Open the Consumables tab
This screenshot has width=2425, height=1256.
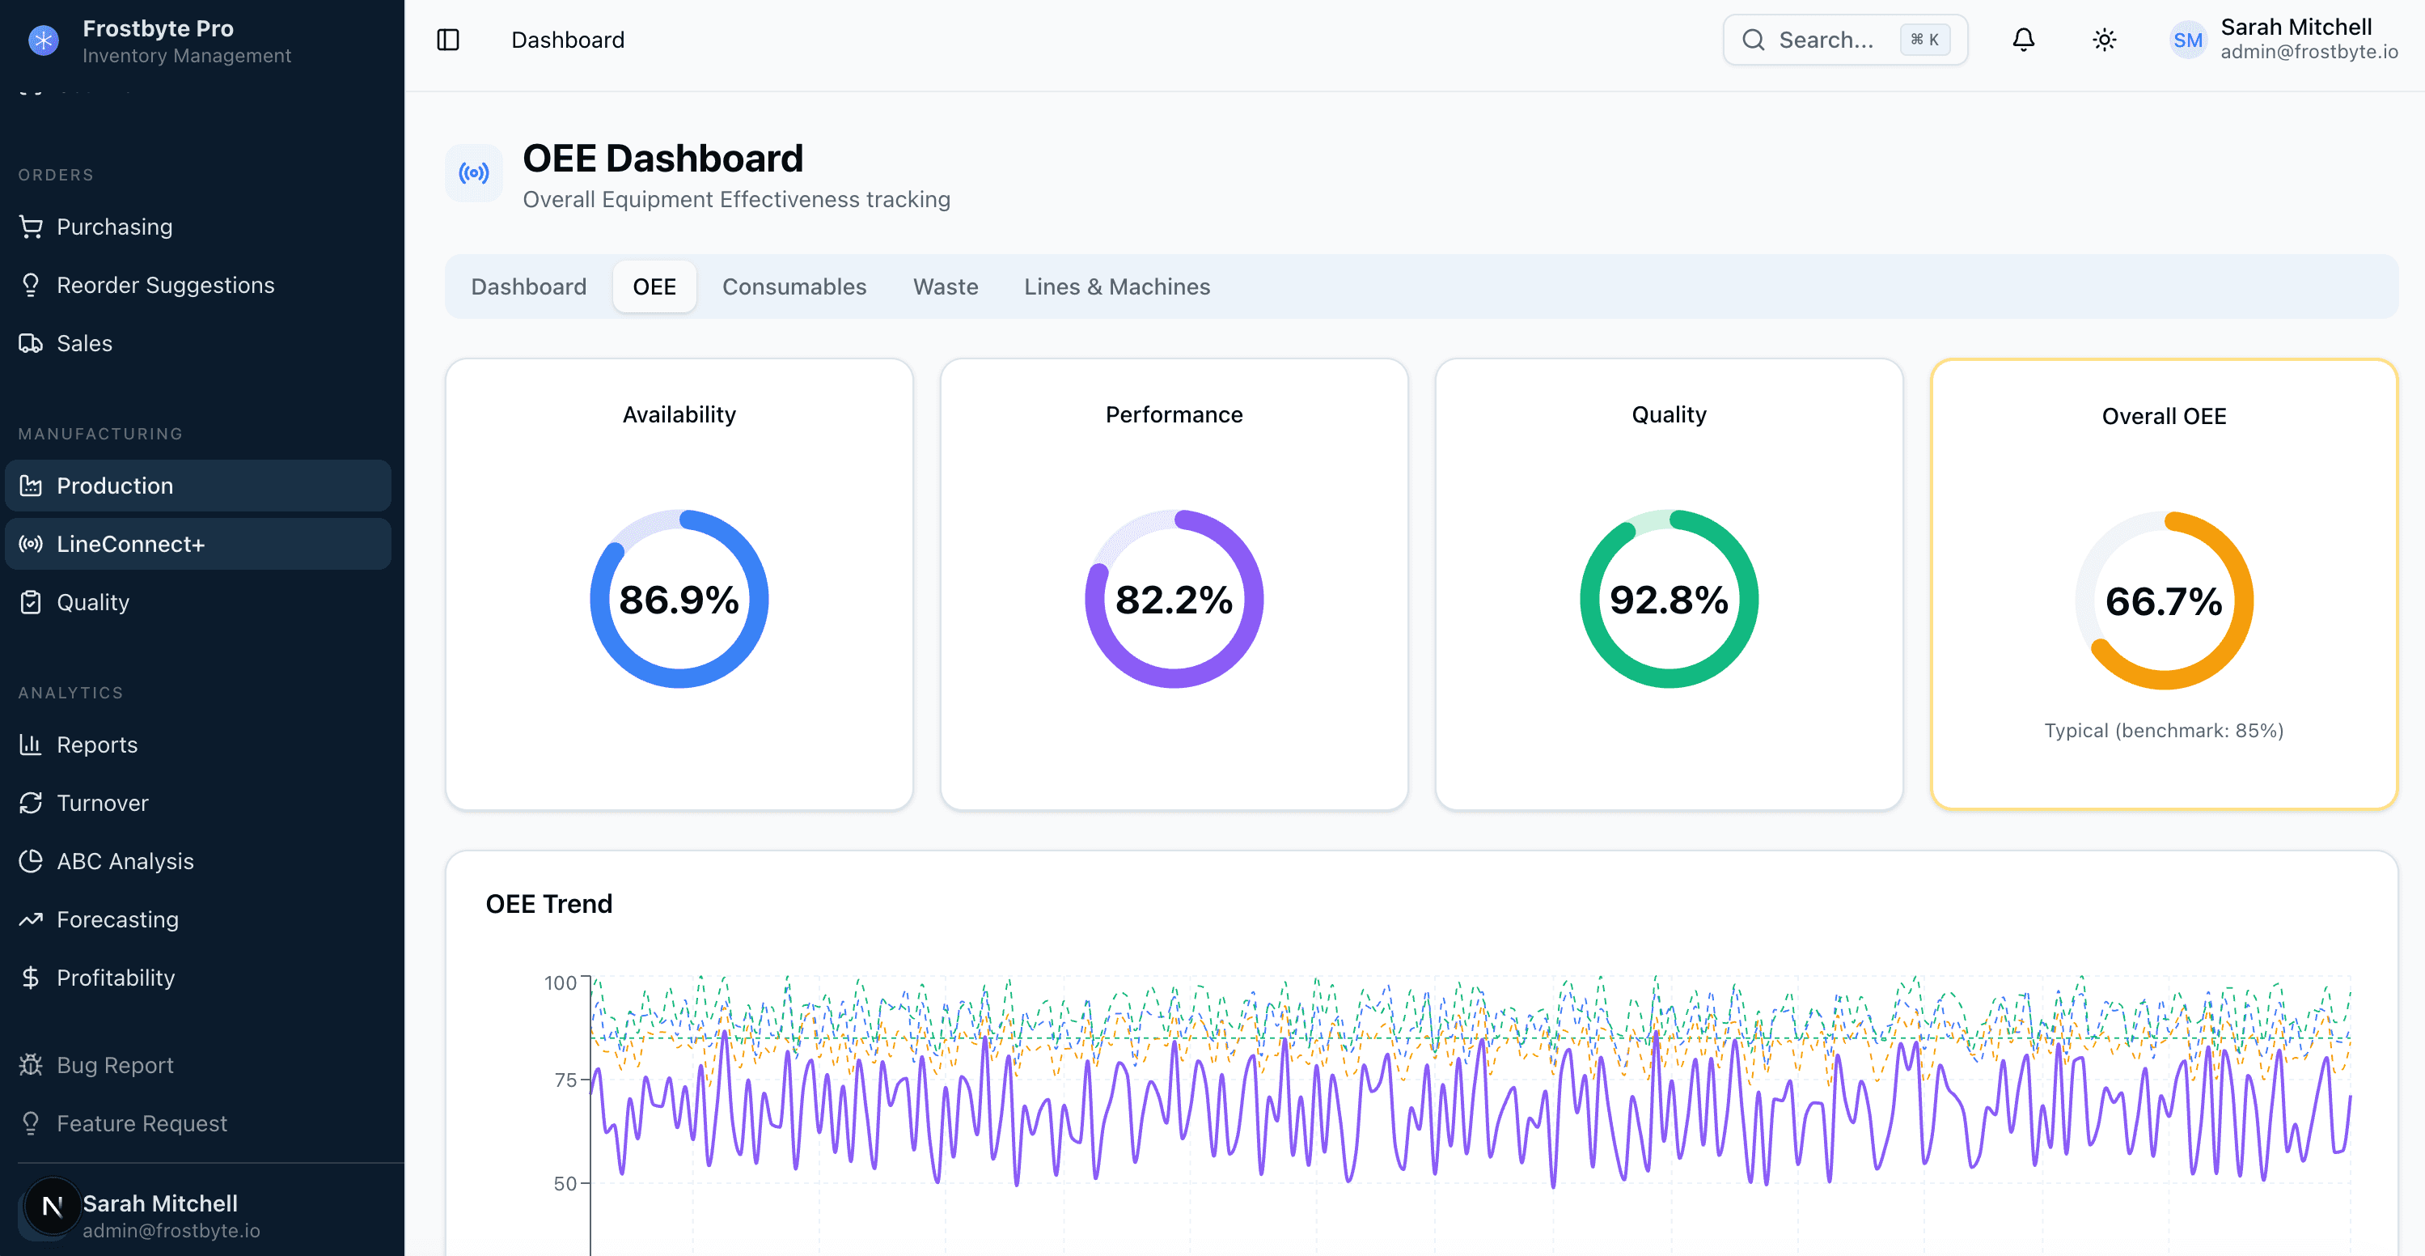[x=794, y=286]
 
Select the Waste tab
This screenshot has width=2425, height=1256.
[x=945, y=286]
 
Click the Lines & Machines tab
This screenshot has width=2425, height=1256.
[x=1116, y=286]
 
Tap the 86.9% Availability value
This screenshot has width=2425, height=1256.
[x=679, y=600]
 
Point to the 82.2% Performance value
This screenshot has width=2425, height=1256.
[x=1173, y=600]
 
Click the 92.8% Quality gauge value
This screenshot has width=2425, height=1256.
[x=1668, y=600]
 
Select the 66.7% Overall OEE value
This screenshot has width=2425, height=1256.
[x=2163, y=601]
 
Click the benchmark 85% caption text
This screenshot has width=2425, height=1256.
[x=2163, y=731]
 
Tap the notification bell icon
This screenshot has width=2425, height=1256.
[x=2023, y=40]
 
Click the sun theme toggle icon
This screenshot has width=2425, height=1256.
[x=2104, y=40]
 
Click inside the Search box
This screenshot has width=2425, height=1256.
[x=1826, y=40]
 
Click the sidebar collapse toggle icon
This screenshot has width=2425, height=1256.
[x=448, y=40]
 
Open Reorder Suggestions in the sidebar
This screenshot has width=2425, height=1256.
[x=165, y=286]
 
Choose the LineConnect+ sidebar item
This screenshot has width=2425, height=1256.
[x=130, y=544]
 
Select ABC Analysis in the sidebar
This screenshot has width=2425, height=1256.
[x=125, y=862]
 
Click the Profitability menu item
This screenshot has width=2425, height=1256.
[x=115, y=978]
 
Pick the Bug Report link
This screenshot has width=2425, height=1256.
[x=114, y=1065]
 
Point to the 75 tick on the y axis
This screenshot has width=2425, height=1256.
[x=565, y=1080]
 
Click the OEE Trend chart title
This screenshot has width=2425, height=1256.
[x=549, y=904]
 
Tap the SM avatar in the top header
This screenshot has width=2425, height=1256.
[x=2187, y=40]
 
